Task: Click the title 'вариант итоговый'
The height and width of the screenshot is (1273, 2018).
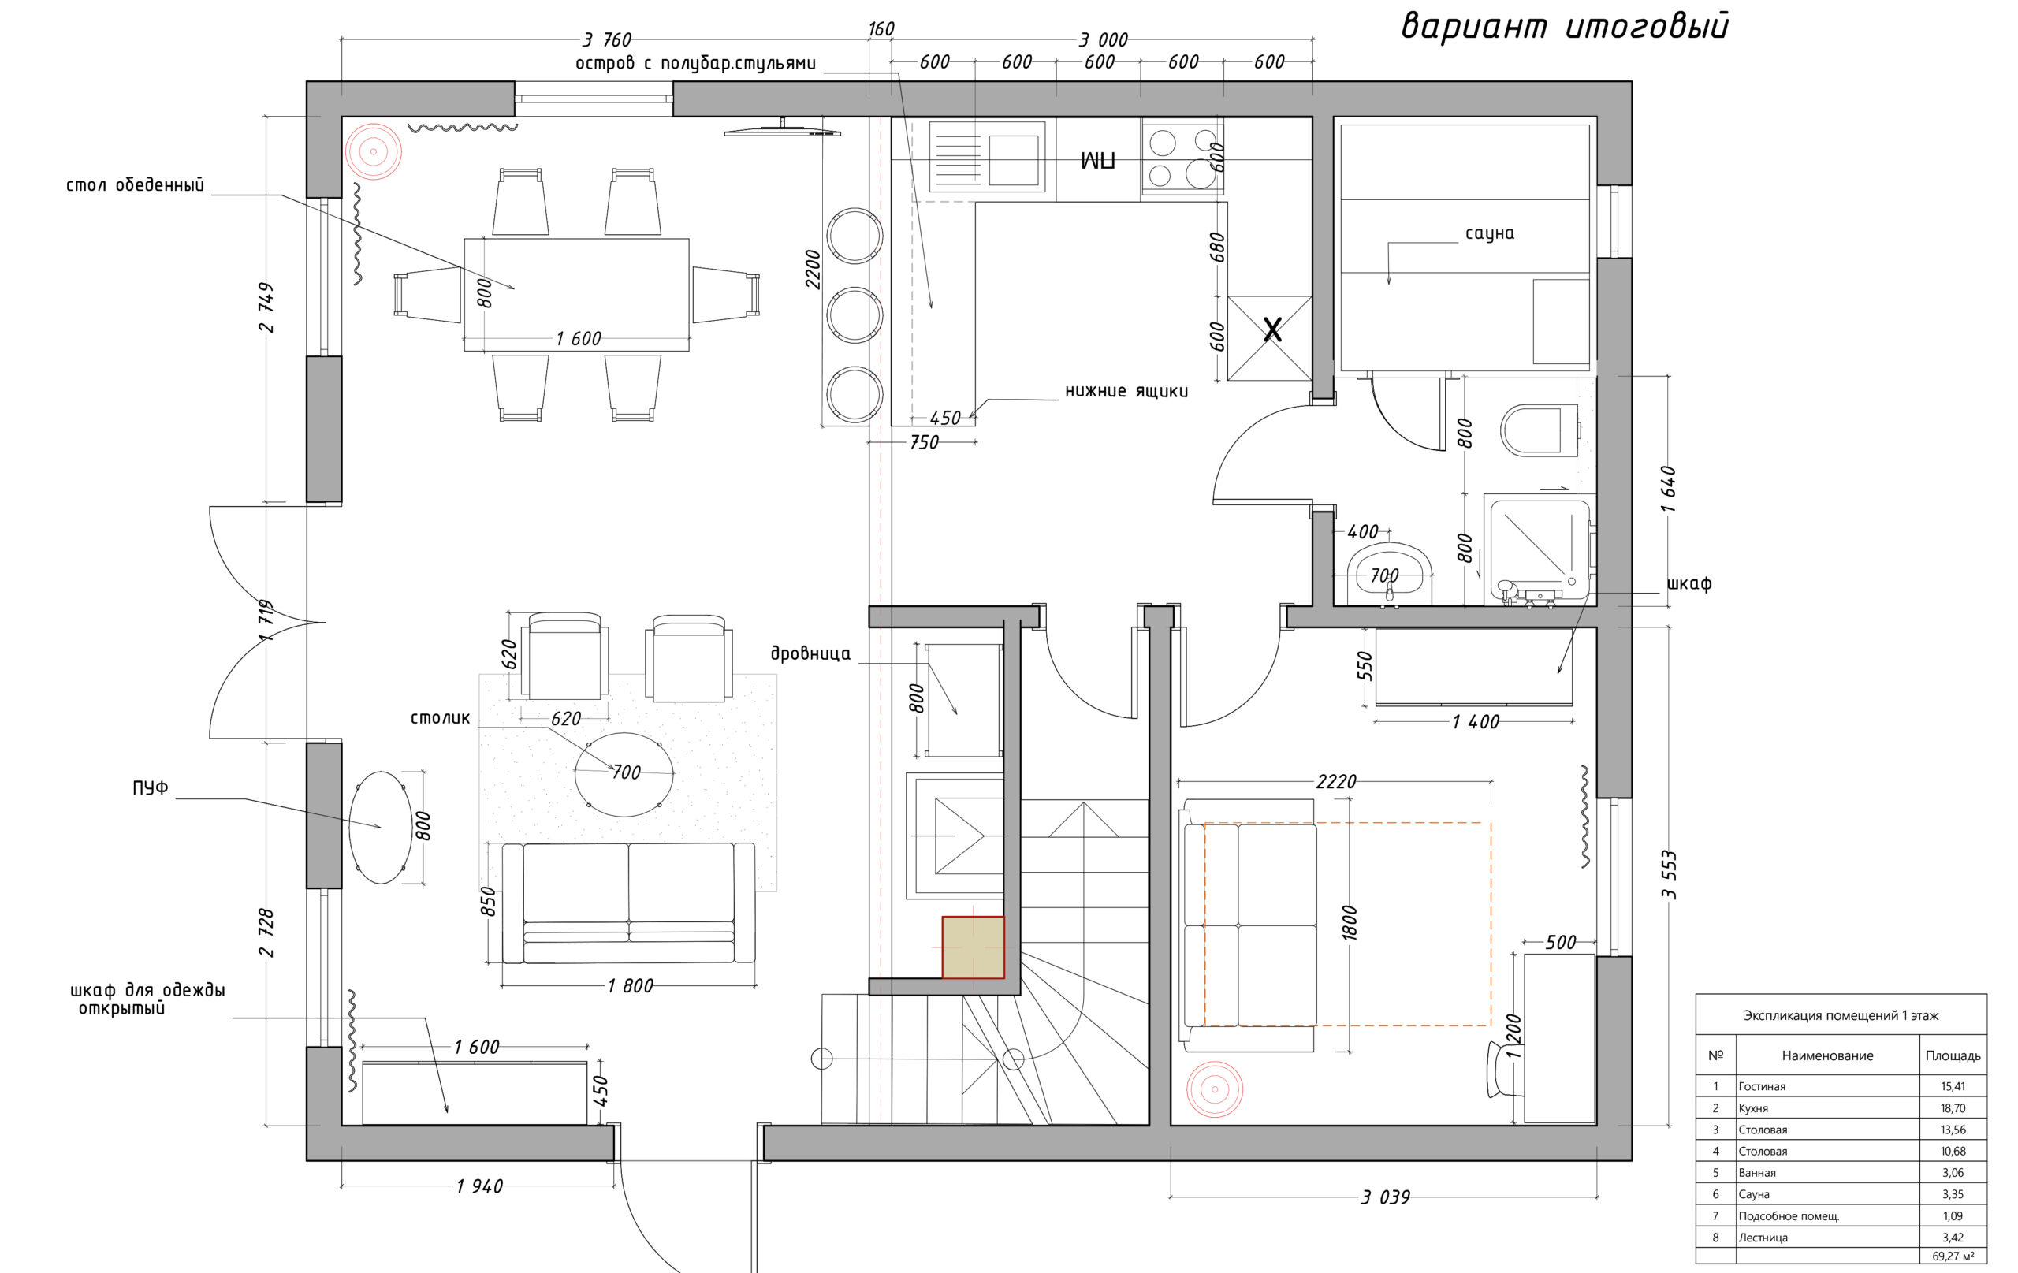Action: tap(1565, 27)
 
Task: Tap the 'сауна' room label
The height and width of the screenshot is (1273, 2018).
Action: tap(1489, 233)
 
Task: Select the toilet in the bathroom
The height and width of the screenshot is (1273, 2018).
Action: tap(1540, 430)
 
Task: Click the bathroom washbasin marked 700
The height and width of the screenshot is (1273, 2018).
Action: tap(1390, 573)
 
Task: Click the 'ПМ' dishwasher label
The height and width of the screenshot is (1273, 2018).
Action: tap(1098, 161)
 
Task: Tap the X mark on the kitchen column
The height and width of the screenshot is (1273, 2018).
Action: tap(1272, 330)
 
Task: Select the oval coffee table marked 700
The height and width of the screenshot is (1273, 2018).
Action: tap(624, 774)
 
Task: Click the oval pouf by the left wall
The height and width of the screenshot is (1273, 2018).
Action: tap(381, 827)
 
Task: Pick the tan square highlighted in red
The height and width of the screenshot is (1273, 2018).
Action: tap(973, 947)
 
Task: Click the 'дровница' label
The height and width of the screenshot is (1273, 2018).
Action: tap(810, 653)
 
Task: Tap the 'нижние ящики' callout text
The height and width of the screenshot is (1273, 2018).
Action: tap(1126, 390)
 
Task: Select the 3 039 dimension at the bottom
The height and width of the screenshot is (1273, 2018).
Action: tap(1385, 1197)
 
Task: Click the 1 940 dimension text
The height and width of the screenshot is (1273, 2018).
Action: tap(479, 1186)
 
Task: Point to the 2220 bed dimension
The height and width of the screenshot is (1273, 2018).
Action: tap(1336, 782)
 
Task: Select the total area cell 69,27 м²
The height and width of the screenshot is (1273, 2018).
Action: tap(1953, 1256)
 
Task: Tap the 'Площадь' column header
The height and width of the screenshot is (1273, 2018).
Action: tap(1953, 1056)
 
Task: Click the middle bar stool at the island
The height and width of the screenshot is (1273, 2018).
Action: tap(854, 315)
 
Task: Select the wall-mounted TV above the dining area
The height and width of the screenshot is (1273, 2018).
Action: tap(782, 130)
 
